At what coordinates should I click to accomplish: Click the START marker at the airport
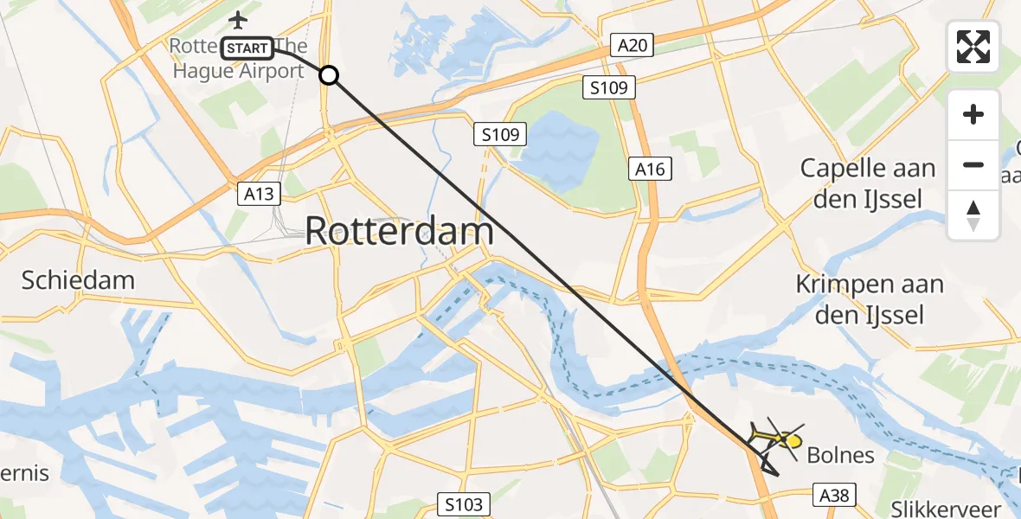248,48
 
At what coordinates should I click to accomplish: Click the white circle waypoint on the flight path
329,75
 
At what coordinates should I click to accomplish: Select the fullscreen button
973,47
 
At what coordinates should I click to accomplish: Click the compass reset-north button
973,215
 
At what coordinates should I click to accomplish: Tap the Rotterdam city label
400,231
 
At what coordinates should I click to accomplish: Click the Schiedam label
79,280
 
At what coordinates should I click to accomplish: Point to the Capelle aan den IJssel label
868,183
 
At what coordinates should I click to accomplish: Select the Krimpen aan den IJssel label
870,298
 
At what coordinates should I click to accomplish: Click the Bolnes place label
840,455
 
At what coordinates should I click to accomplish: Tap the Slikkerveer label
947,509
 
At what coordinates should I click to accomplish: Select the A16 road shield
650,169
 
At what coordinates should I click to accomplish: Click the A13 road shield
259,194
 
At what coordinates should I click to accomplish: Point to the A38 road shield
835,495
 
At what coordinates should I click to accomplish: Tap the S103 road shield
465,504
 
